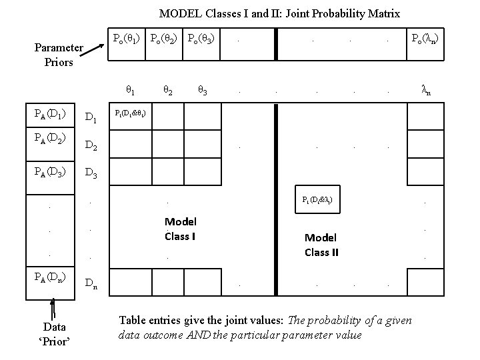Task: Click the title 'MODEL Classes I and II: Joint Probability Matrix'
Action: pos(279,13)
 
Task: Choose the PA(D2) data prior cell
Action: pos(51,143)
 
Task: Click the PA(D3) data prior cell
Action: pos(51,172)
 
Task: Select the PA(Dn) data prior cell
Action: pos(51,279)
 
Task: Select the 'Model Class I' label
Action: pos(180,229)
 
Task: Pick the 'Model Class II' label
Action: pos(321,245)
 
